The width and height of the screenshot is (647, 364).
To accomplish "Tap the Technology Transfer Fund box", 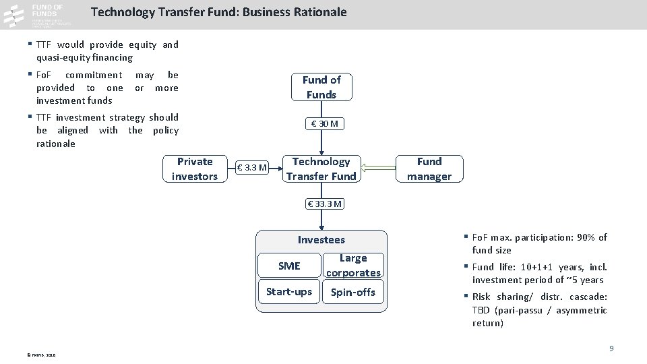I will tap(321, 169).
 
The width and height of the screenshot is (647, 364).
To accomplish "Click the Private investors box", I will tap(195, 169).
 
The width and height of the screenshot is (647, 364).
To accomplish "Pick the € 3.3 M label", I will tap(253, 167).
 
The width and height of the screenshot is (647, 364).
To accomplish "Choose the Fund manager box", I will tap(429, 169).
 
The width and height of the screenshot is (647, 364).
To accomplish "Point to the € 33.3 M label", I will tap(324, 204).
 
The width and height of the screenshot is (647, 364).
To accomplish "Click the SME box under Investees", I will tap(289, 266).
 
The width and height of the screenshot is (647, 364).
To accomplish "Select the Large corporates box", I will tap(353, 266).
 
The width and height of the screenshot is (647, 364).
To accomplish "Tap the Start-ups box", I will tap(289, 292).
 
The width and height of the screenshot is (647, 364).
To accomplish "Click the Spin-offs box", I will tap(353, 292).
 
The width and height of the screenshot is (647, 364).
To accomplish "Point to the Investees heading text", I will tap(321, 240).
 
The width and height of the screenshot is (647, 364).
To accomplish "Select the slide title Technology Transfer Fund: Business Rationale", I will tap(218, 12).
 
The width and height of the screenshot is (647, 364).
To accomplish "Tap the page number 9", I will tap(611, 348).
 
